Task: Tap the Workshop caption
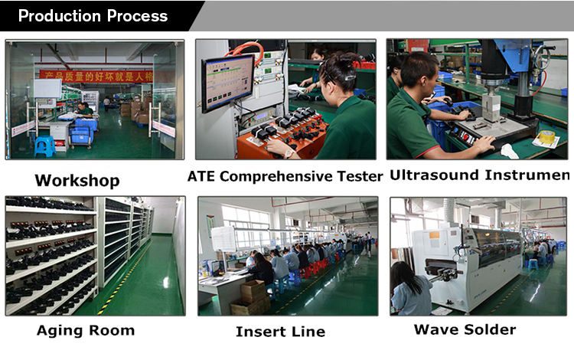pos(77,181)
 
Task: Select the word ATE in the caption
pos(203,176)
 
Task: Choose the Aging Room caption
pos(86,331)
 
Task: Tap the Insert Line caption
pos(280,332)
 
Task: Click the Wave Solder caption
pos(465,330)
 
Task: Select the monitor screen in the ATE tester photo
pos(227,82)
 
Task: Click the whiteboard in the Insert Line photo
pos(223,239)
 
